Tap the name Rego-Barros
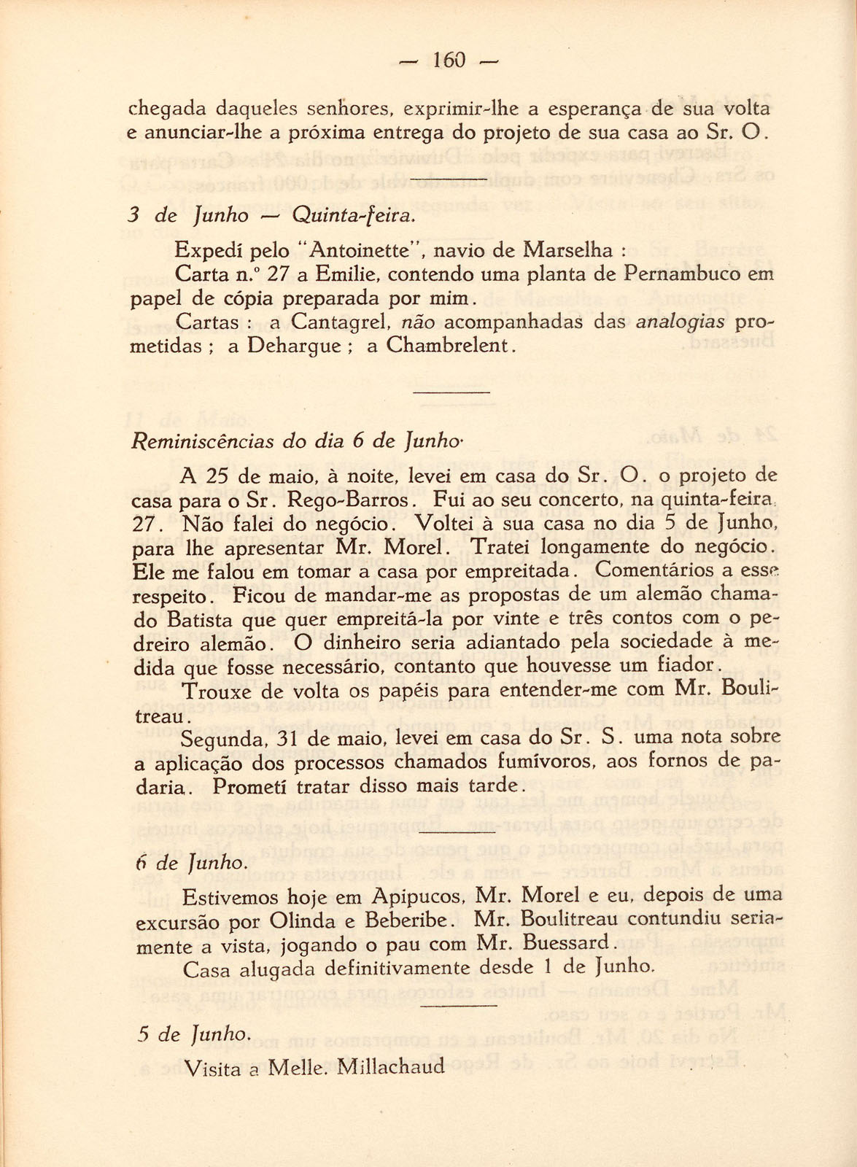[x=350, y=502]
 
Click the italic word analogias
[x=680, y=322]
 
